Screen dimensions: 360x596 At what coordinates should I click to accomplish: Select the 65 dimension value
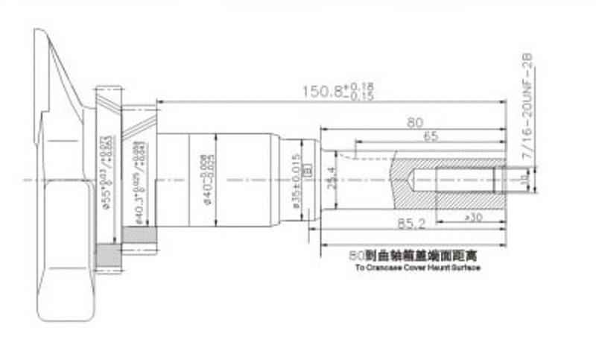point(430,137)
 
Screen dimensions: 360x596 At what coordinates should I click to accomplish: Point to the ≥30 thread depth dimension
point(472,217)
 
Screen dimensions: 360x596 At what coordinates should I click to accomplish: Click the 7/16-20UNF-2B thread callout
point(530,111)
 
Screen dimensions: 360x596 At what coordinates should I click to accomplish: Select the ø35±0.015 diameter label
point(296,181)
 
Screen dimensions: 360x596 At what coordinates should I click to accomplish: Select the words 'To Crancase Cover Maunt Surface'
point(417,265)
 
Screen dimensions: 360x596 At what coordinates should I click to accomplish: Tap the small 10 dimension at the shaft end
point(523,180)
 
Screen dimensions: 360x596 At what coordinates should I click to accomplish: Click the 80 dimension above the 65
point(415,123)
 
